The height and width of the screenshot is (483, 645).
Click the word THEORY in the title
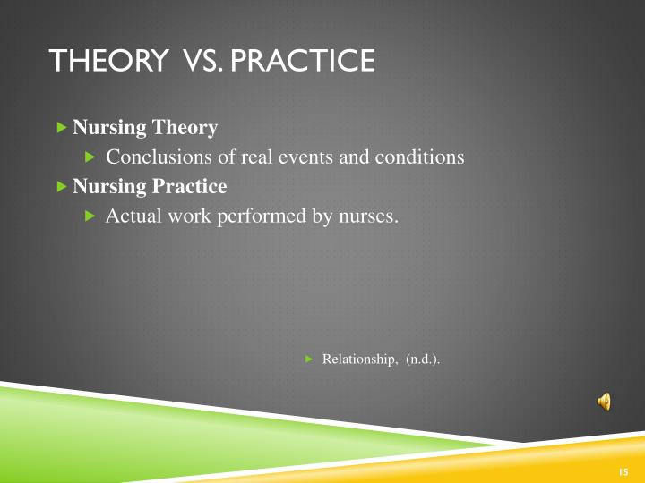pyautogui.click(x=107, y=61)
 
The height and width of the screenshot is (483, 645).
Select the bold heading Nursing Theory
pyautogui.click(x=145, y=128)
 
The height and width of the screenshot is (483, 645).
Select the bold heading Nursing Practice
pyautogui.click(x=150, y=187)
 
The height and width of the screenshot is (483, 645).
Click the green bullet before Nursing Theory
pyautogui.click(x=61, y=128)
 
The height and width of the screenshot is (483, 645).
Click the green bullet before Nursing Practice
pyautogui.click(x=61, y=187)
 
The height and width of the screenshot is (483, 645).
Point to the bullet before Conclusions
pyautogui.click(x=90, y=157)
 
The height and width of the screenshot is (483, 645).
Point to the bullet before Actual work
pyautogui.click(x=90, y=216)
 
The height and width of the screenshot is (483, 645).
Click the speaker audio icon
pyautogui.click(x=604, y=402)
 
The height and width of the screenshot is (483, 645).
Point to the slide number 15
pyautogui.click(x=624, y=471)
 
